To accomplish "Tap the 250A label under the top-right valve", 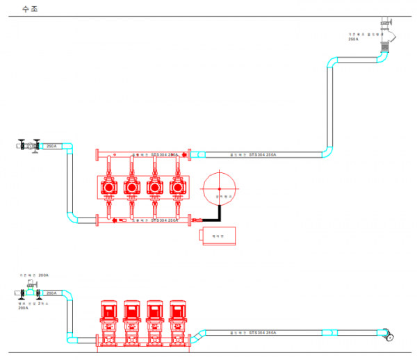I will pyautogui.click(x=353, y=40).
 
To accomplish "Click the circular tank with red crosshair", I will pyautogui.click(x=220, y=188).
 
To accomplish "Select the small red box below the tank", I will pyautogui.click(x=219, y=236).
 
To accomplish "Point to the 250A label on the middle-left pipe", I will pyautogui.click(x=51, y=146).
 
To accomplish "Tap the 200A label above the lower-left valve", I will pyautogui.click(x=44, y=275).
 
